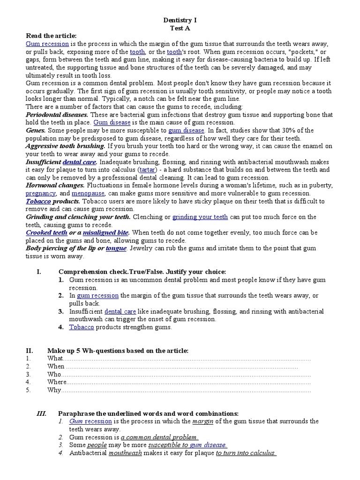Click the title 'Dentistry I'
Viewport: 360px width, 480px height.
[180, 20]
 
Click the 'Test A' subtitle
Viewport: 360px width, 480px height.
[180, 28]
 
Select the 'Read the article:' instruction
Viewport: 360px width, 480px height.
[51, 36]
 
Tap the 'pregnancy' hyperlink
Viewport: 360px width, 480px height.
[40, 193]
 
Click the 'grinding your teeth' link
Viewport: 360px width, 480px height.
[200, 217]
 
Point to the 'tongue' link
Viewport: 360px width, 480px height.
[116, 248]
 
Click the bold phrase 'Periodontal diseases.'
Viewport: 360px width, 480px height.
[57, 114]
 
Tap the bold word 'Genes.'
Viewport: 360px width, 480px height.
[36, 130]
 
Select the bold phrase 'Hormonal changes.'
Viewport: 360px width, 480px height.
[55, 185]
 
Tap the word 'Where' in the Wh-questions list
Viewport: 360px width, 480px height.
[57, 382]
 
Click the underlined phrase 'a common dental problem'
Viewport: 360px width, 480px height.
[156, 437]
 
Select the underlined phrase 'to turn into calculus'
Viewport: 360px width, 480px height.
[245, 453]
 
